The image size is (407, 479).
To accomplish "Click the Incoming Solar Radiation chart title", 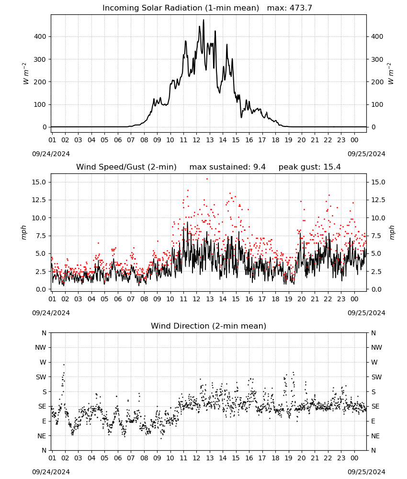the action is tap(181, 8).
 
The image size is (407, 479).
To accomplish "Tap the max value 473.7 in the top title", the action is tap(301, 8).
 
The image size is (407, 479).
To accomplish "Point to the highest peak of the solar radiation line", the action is tap(203, 20).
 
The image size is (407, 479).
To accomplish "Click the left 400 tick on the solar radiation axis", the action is tap(40, 37).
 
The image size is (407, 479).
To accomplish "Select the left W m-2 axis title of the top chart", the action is tap(26, 74).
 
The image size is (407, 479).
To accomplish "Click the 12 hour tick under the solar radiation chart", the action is tap(196, 140).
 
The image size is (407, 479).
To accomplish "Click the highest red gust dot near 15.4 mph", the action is tap(207, 179).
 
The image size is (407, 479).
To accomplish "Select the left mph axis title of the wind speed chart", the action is tap(24, 233).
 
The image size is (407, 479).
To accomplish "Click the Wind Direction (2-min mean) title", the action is tap(209, 326).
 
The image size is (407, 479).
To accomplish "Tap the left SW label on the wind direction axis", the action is tap(41, 377).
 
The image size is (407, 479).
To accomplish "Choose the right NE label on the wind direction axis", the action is tap(375, 436).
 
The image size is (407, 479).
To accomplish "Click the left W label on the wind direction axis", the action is tap(43, 362).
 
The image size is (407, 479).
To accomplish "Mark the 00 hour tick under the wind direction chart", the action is tap(354, 458).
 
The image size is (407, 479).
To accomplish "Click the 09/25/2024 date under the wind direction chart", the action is tap(366, 472).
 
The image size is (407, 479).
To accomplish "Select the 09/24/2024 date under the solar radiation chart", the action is tap(51, 154).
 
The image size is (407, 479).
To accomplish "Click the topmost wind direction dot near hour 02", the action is tap(64, 365).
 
